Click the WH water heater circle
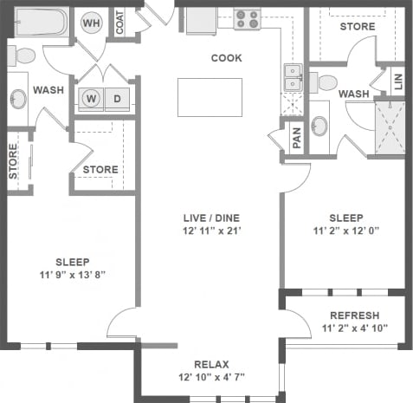click(x=91, y=23)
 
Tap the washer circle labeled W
click(x=91, y=98)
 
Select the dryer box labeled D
click(x=117, y=98)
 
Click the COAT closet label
click(x=120, y=23)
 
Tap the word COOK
click(x=226, y=58)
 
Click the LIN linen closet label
click(x=397, y=81)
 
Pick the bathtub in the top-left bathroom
click(x=39, y=23)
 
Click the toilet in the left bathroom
click(x=23, y=56)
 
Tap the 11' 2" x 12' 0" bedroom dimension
click(x=345, y=231)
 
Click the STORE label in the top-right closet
click(x=358, y=27)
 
